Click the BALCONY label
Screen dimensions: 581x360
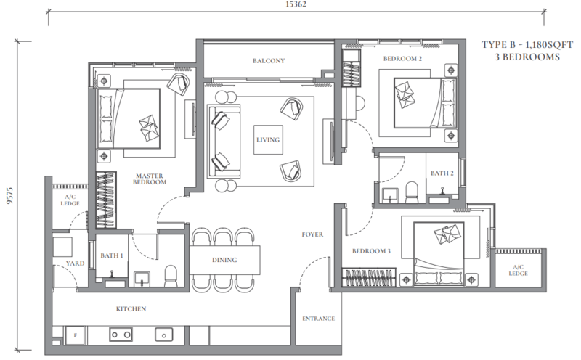click(x=269, y=61)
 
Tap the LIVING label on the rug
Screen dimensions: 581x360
click(x=268, y=139)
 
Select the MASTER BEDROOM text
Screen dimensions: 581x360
click(x=150, y=179)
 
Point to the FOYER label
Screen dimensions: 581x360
click(x=312, y=234)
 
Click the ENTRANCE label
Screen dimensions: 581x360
click(x=318, y=319)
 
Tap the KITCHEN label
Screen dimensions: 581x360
click(x=131, y=309)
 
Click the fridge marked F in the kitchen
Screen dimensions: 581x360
click(x=76, y=335)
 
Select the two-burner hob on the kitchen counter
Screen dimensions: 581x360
click(x=121, y=335)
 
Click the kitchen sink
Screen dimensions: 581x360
click(x=164, y=335)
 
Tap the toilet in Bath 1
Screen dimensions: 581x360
click(x=171, y=276)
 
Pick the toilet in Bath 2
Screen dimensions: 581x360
click(x=412, y=192)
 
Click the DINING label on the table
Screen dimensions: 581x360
click(x=224, y=260)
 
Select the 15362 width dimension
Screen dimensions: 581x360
click(x=296, y=4)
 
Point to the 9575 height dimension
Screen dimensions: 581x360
click(x=9, y=195)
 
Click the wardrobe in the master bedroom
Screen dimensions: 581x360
click(x=106, y=200)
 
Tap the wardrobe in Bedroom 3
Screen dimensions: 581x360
click(x=369, y=277)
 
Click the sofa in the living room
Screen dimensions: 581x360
click(x=224, y=141)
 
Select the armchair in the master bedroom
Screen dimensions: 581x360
click(x=179, y=85)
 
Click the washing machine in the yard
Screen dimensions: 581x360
click(x=62, y=247)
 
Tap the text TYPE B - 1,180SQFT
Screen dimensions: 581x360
click(x=527, y=45)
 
